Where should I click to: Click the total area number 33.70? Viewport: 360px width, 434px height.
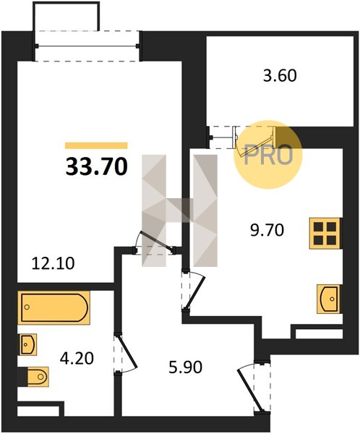(97, 166)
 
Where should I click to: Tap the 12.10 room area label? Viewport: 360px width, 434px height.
(53, 263)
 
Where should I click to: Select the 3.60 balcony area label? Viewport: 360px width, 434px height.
(280, 75)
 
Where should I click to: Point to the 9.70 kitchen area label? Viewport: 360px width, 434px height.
(267, 230)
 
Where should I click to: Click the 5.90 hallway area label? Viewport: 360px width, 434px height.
(185, 367)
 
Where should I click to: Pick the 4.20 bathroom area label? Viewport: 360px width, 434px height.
(77, 358)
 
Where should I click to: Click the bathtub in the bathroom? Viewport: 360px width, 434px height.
(54, 307)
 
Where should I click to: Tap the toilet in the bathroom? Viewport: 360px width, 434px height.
(38, 377)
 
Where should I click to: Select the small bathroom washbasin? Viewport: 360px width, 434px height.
(27, 344)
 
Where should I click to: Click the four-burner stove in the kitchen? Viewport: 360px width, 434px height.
(325, 233)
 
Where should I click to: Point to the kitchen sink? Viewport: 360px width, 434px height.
(328, 299)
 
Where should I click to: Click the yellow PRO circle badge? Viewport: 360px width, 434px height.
(268, 155)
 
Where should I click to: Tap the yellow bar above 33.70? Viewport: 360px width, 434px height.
(96, 145)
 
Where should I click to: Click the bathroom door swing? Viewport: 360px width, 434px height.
(126, 354)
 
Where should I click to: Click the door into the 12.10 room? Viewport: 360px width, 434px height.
(155, 242)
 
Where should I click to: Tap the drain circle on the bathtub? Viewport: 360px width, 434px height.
(27, 307)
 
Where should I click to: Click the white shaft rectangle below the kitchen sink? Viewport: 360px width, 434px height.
(319, 333)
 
